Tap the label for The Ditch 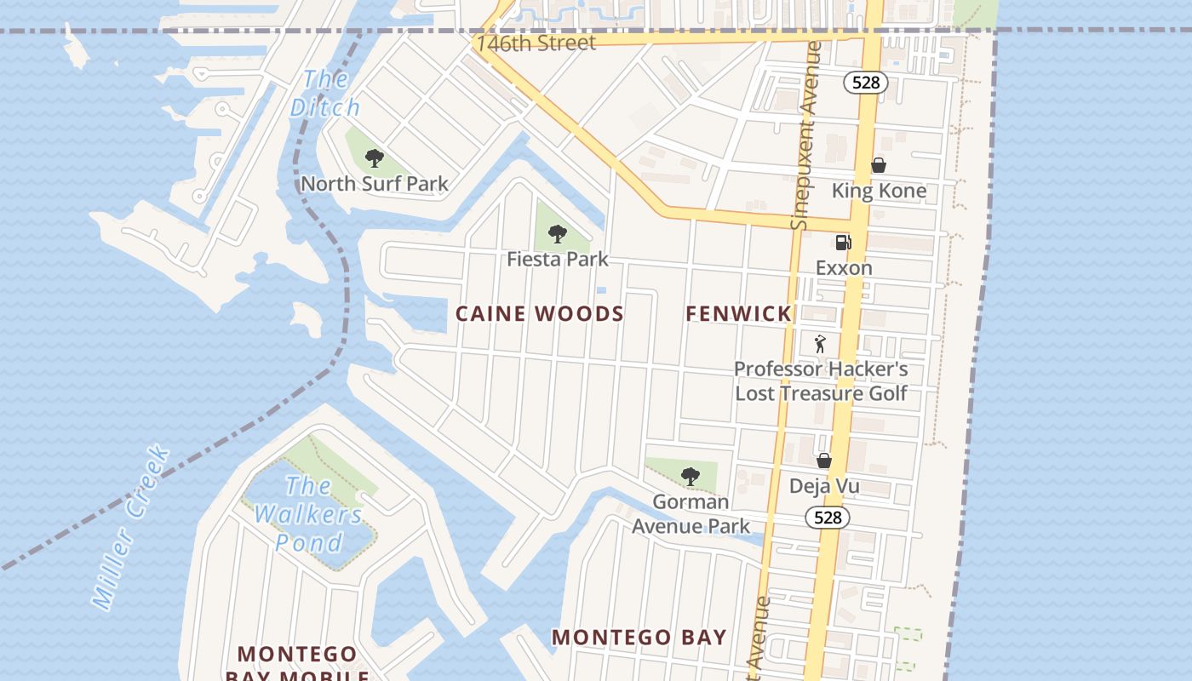point(325,94)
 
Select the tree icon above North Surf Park point(374,158)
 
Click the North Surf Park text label point(374,184)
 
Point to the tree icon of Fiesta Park point(557,234)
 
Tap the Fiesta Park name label point(557,259)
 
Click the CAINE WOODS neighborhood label point(539,314)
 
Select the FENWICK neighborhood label point(738,314)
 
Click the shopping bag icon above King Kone point(878,165)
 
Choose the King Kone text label point(878,191)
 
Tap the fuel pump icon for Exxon point(843,243)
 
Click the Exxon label point(843,268)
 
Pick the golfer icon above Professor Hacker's point(820,344)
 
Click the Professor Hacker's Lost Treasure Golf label point(821,381)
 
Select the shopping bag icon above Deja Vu point(823,461)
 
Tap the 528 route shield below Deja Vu point(827,518)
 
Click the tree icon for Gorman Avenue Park point(691,477)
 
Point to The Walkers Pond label point(308,514)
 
